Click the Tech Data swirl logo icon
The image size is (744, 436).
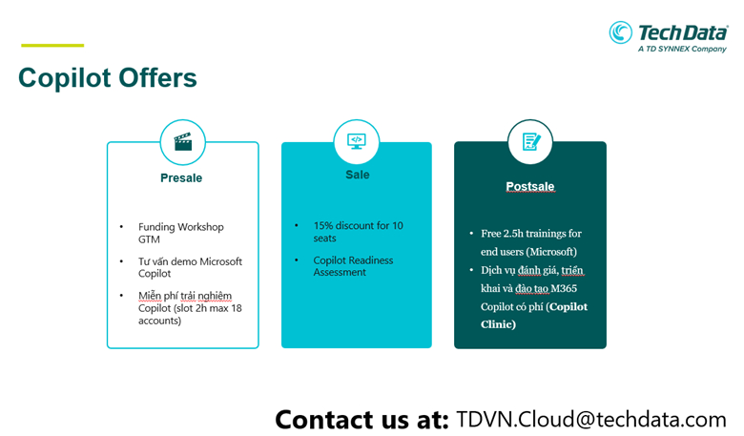click(621, 32)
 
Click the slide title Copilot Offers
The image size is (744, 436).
click(108, 78)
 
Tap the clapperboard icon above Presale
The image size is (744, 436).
click(183, 141)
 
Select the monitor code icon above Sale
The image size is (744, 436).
click(357, 141)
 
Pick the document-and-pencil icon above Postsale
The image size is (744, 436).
click(531, 141)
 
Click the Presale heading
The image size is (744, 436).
click(181, 177)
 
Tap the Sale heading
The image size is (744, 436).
click(358, 175)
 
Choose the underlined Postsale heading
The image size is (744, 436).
click(530, 186)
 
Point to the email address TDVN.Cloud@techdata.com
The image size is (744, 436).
click(591, 420)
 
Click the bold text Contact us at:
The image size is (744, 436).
click(362, 420)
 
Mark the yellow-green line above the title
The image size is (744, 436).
click(52, 46)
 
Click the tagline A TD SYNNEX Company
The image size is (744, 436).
click(682, 49)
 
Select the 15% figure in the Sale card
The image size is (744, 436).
click(324, 225)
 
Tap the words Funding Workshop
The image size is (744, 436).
click(181, 227)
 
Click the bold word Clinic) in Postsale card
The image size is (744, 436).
click(498, 324)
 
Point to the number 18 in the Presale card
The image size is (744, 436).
click(237, 308)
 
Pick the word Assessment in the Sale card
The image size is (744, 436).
click(340, 272)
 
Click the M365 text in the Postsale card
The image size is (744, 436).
click(564, 288)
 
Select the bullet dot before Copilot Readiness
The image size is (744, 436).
click(297, 260)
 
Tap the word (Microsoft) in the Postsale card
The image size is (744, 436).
click(552, 252)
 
